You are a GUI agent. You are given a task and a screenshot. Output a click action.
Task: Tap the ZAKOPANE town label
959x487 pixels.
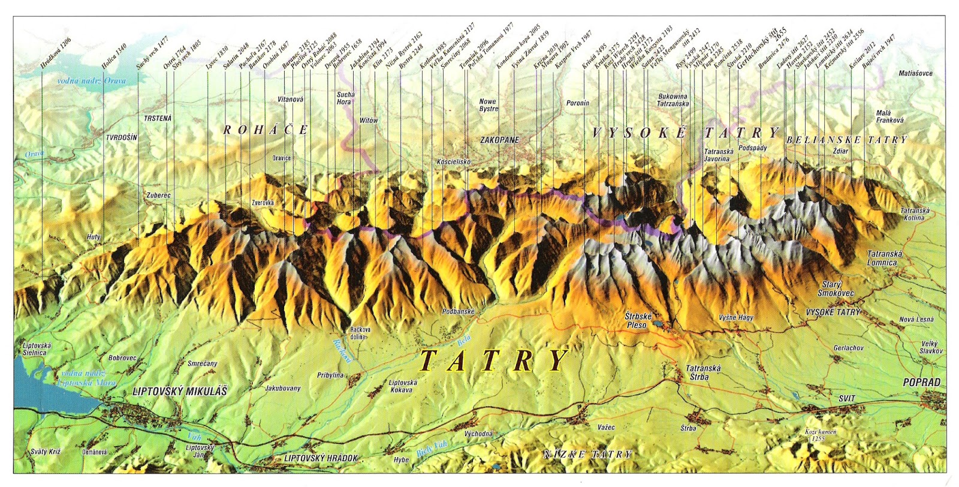499,140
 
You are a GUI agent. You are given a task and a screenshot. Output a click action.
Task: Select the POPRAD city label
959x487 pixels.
922,383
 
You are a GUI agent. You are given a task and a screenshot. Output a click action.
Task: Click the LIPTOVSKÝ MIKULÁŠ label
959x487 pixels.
179,391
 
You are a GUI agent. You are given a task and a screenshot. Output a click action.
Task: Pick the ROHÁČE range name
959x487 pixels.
266,130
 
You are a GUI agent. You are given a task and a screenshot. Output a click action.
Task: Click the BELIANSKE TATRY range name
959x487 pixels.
847,140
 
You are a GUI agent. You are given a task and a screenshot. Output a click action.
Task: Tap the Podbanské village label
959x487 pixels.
459,311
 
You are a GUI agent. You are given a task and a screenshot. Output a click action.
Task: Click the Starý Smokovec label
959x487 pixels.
835,289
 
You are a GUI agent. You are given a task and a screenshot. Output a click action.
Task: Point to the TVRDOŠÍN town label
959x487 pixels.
122,137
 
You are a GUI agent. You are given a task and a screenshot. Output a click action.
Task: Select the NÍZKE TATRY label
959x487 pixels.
587,455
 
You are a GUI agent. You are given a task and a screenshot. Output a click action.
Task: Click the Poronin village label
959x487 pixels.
578,103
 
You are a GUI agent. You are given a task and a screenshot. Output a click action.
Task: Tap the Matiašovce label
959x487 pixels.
915,73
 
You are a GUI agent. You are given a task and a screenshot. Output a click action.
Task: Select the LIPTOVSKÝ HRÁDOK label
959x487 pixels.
321,458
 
